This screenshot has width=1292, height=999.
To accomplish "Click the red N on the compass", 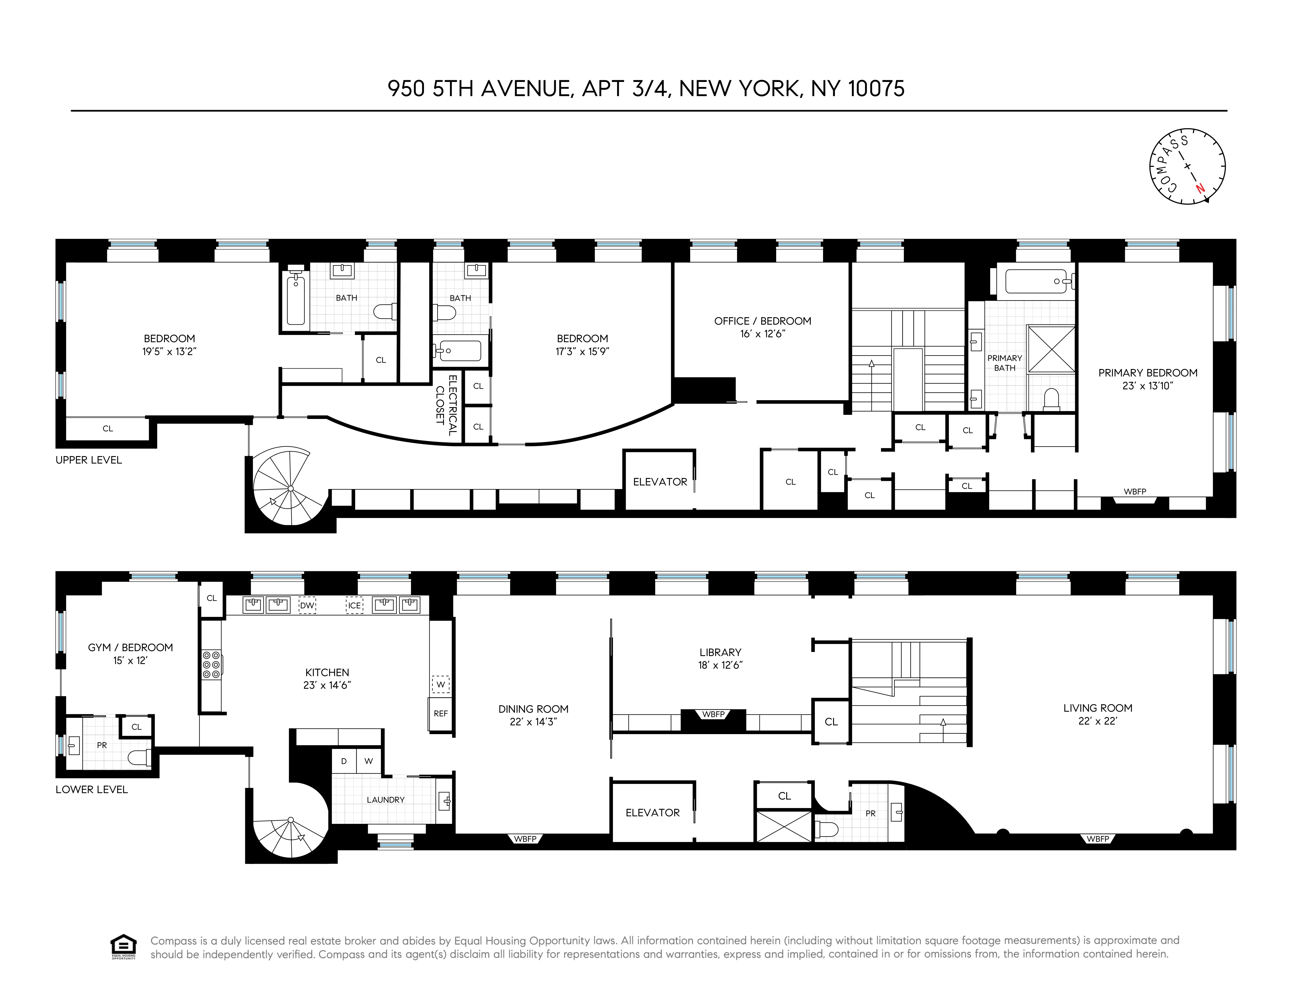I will pos(1200,189).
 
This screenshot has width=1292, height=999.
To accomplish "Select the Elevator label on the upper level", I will pos(660,482).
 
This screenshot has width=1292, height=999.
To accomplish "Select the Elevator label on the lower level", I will pos(653,813).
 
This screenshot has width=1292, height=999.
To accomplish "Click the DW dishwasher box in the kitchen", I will pos(307,606).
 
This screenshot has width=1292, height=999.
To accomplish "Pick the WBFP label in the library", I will pos(713,714).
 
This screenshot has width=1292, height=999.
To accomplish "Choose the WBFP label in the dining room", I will pos(525,839).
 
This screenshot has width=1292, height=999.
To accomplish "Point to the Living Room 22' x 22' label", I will pos(1097,714).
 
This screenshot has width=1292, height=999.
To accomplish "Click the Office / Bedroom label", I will pos(763,327).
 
